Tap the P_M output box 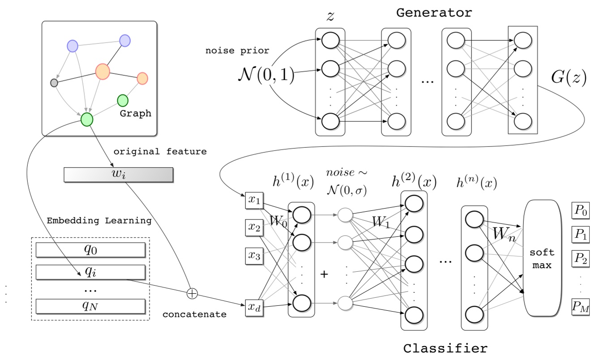click(x=580, y=308)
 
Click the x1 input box click(x=254, y=200)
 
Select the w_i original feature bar click(x=118, y=175)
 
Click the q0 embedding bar click(x=90, y=250)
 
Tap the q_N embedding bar click(x=90, y=306)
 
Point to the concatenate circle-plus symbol click(x=192, y=294)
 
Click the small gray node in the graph click(x=54, y=83)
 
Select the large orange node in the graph click(x=103, y=71)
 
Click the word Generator click(x=434, y=13)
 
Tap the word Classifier click(x=445, y=348)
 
